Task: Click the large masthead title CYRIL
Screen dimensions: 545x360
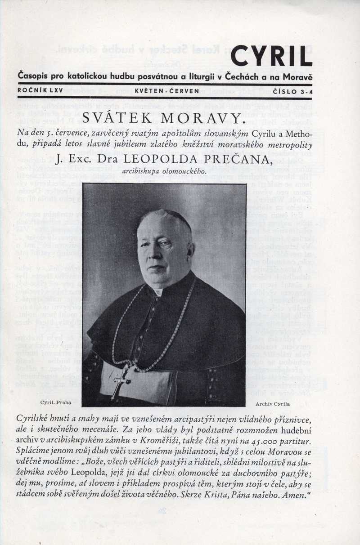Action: click(x=271, y=56)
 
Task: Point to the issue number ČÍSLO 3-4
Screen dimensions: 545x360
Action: click(x=292, y=91)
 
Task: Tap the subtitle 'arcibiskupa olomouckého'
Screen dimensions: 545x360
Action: click(x=164, y=171)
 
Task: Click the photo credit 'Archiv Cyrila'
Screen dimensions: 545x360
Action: click(x=272, y=404)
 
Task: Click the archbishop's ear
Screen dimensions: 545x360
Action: click(x=191, y=250)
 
